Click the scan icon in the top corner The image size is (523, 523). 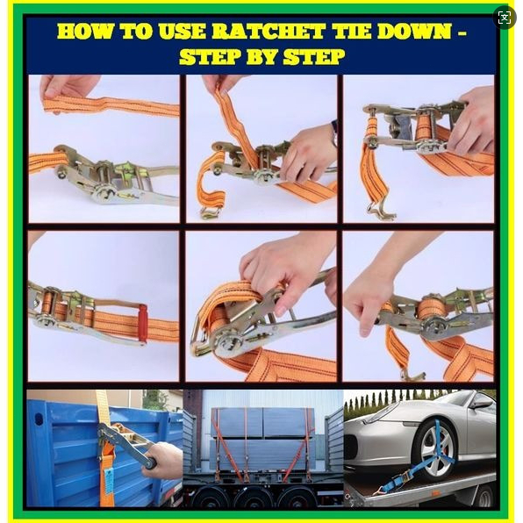click(x=505, y=18)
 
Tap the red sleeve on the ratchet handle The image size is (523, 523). click(x=143, y=322)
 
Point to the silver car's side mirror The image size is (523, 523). click(x=481, y=404)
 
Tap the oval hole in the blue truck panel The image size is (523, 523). click(x=39, y=419)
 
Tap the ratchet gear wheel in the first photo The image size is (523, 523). click(x=104, y=193)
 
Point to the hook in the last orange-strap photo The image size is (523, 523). click(x=412, y=375)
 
